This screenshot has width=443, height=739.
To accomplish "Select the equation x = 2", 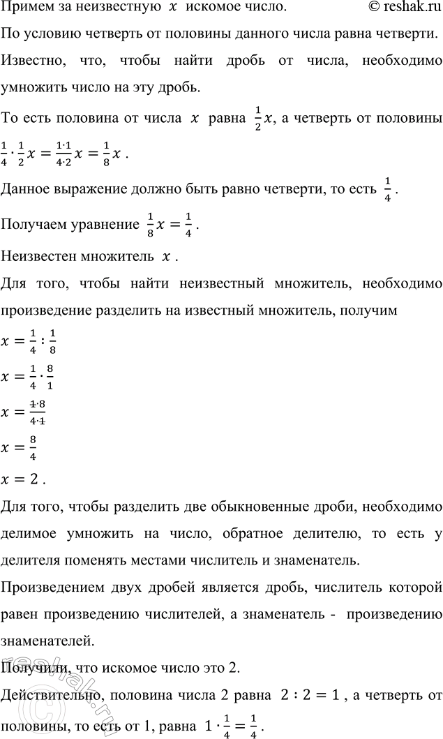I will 25,481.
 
